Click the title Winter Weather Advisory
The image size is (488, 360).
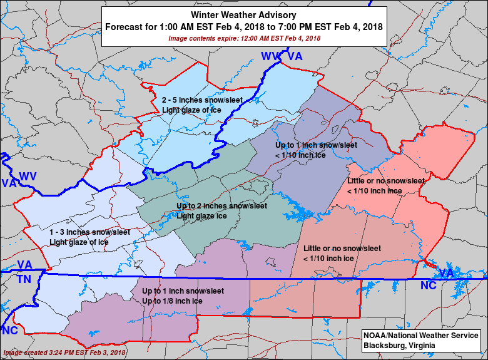pos(243,15)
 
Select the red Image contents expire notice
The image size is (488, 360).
pos(244,38)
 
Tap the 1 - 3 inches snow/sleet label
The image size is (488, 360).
pos(89,232)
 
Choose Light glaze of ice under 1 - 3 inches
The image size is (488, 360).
pos(79,242)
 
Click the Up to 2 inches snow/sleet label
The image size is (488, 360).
pos(221,206)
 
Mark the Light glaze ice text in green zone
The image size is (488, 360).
pos(201,216)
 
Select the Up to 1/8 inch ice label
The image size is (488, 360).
pos(172,301)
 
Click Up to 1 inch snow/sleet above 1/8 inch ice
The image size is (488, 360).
pos(183,291)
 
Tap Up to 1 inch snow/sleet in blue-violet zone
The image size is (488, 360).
pos(316,145)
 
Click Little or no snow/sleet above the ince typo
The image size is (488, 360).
pos(386,181)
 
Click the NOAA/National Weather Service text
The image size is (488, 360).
pos(420,336)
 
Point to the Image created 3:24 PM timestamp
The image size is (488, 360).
pos(64,352)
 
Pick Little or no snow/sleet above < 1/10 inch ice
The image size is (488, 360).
pos(342,248)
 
